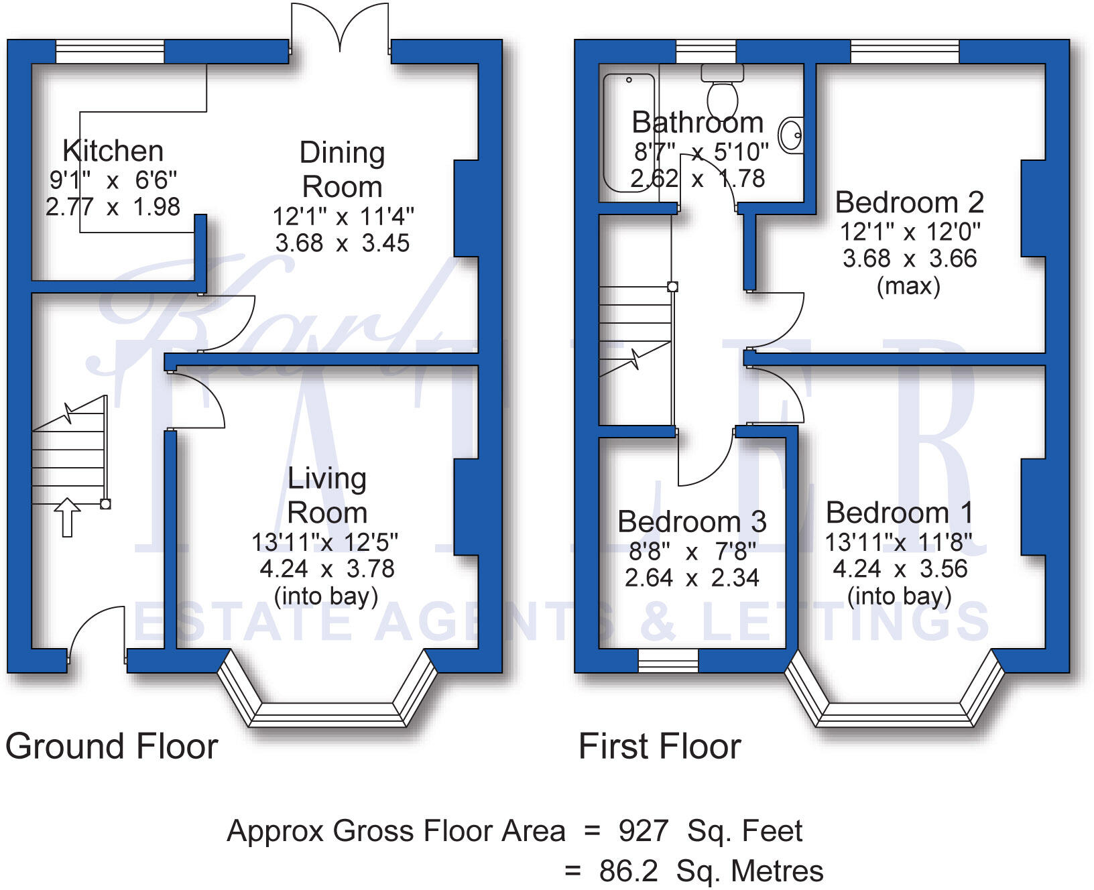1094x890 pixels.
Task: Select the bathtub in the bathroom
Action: (628, 134)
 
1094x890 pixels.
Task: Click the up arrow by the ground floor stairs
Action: (67, 517)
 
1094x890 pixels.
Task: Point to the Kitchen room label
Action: (113, 151)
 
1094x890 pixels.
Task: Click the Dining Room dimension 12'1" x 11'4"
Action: (343, 216)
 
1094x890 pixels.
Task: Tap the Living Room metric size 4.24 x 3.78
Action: (326, 569)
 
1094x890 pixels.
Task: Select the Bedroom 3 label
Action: (691, 521)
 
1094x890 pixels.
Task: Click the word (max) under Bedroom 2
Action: (908, 286)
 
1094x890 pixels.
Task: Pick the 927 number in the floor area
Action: (644, 831)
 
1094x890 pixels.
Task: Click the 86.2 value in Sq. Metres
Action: (628, 871)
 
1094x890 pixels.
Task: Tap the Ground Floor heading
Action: (111, 747)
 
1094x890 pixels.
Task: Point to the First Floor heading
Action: (659, 747)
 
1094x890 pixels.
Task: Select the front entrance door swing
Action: (97, 633)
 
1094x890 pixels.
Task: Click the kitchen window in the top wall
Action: (109, 52)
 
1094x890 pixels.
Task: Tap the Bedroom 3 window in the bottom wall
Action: (668, 661)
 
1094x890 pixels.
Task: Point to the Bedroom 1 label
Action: (898, 513)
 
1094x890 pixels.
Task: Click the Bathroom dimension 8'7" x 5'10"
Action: (701, 152)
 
